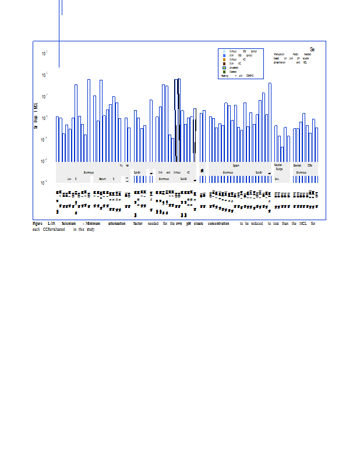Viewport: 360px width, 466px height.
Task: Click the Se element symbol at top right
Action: [x=312, y=50]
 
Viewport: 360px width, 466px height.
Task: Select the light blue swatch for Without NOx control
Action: [x=224, y=52]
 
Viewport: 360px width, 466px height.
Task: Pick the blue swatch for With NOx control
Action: [x=224, y=55]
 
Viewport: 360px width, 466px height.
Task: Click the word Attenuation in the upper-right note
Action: [x=279, y=54]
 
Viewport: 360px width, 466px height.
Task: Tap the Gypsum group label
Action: [x=237, y=165]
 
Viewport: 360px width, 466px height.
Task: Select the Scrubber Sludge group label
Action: [x=278, y=167]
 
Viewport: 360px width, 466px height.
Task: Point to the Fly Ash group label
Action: [x=124, y=165]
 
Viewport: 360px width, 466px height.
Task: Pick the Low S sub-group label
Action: [x=72, y=179]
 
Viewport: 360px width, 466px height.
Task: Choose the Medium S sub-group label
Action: [x=105, y=179]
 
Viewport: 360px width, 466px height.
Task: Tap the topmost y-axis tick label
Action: [x=45, y=54]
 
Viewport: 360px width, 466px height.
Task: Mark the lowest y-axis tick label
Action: [x=45, y=183]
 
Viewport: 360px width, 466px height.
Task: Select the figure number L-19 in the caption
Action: [x=52, y=224]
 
